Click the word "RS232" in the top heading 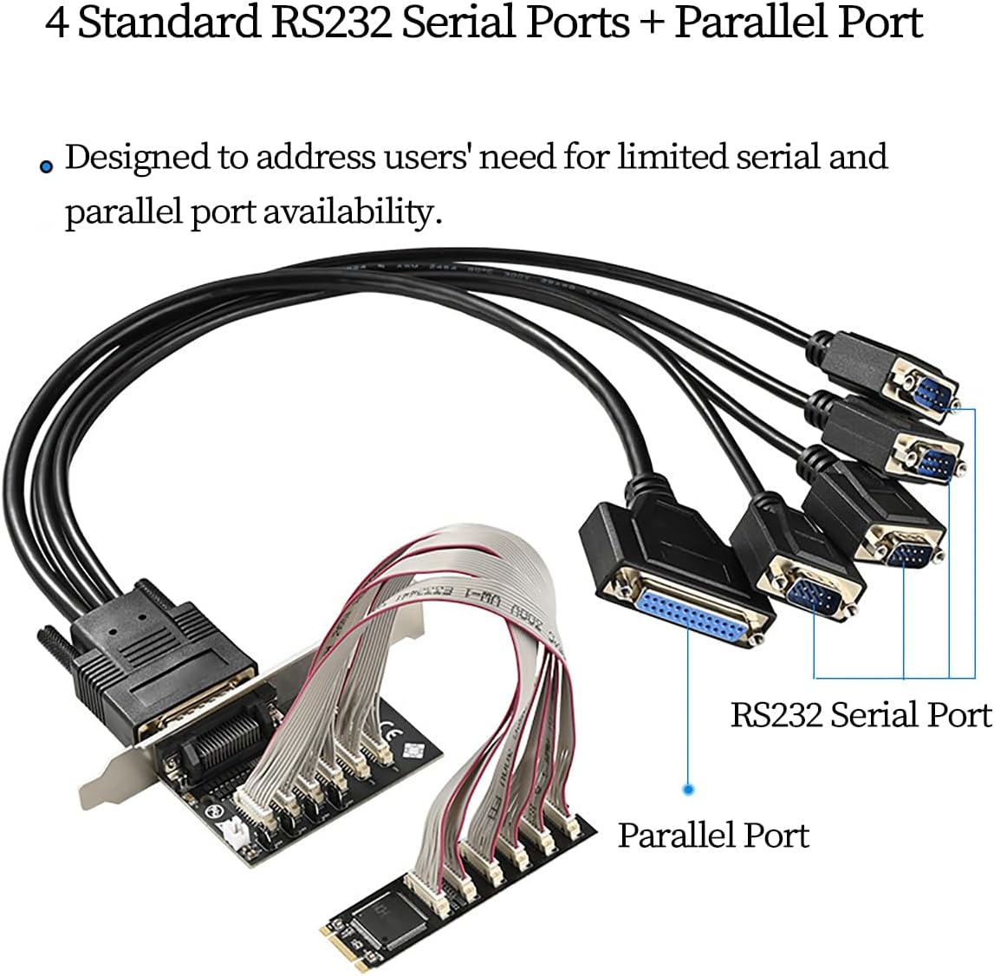click(320, 23)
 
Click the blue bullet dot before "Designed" click(47, 167)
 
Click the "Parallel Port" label click(713, 835)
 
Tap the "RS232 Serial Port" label click(861, 715)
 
